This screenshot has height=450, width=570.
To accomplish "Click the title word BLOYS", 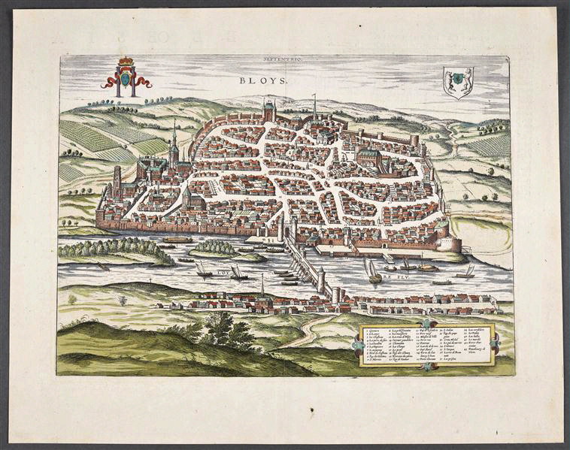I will click(257, 78).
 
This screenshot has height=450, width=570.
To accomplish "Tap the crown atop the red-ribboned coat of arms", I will click(126, 61).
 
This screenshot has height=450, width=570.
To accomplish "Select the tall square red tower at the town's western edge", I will click(117, 180).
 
